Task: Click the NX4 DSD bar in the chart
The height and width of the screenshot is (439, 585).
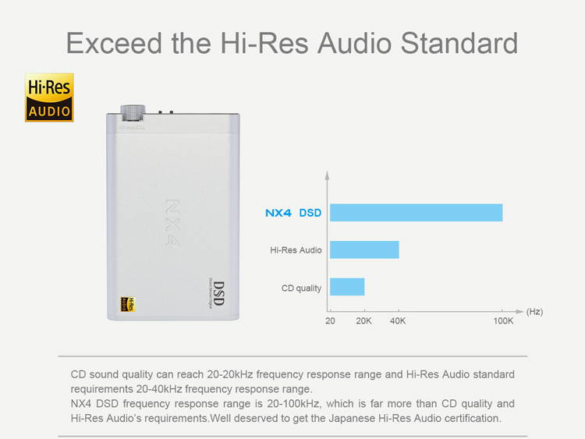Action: coord(416,212)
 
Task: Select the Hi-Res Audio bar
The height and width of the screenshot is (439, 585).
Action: coord(364,250)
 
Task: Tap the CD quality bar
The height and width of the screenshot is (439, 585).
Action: coord(347,287)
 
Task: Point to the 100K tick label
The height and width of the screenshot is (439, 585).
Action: coord(503,321)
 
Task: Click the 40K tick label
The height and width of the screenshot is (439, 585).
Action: coord(398,321)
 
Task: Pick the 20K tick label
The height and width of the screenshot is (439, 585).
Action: coord(364,321)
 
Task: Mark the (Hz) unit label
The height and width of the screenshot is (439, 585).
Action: coord(534,311)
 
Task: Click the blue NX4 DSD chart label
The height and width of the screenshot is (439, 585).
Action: coord(293,212)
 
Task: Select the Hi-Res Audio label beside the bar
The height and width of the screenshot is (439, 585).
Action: coord(296,250)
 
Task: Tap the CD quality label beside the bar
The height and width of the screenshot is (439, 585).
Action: coord(301,288)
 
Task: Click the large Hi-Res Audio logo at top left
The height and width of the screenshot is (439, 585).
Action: coord(49,98)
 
